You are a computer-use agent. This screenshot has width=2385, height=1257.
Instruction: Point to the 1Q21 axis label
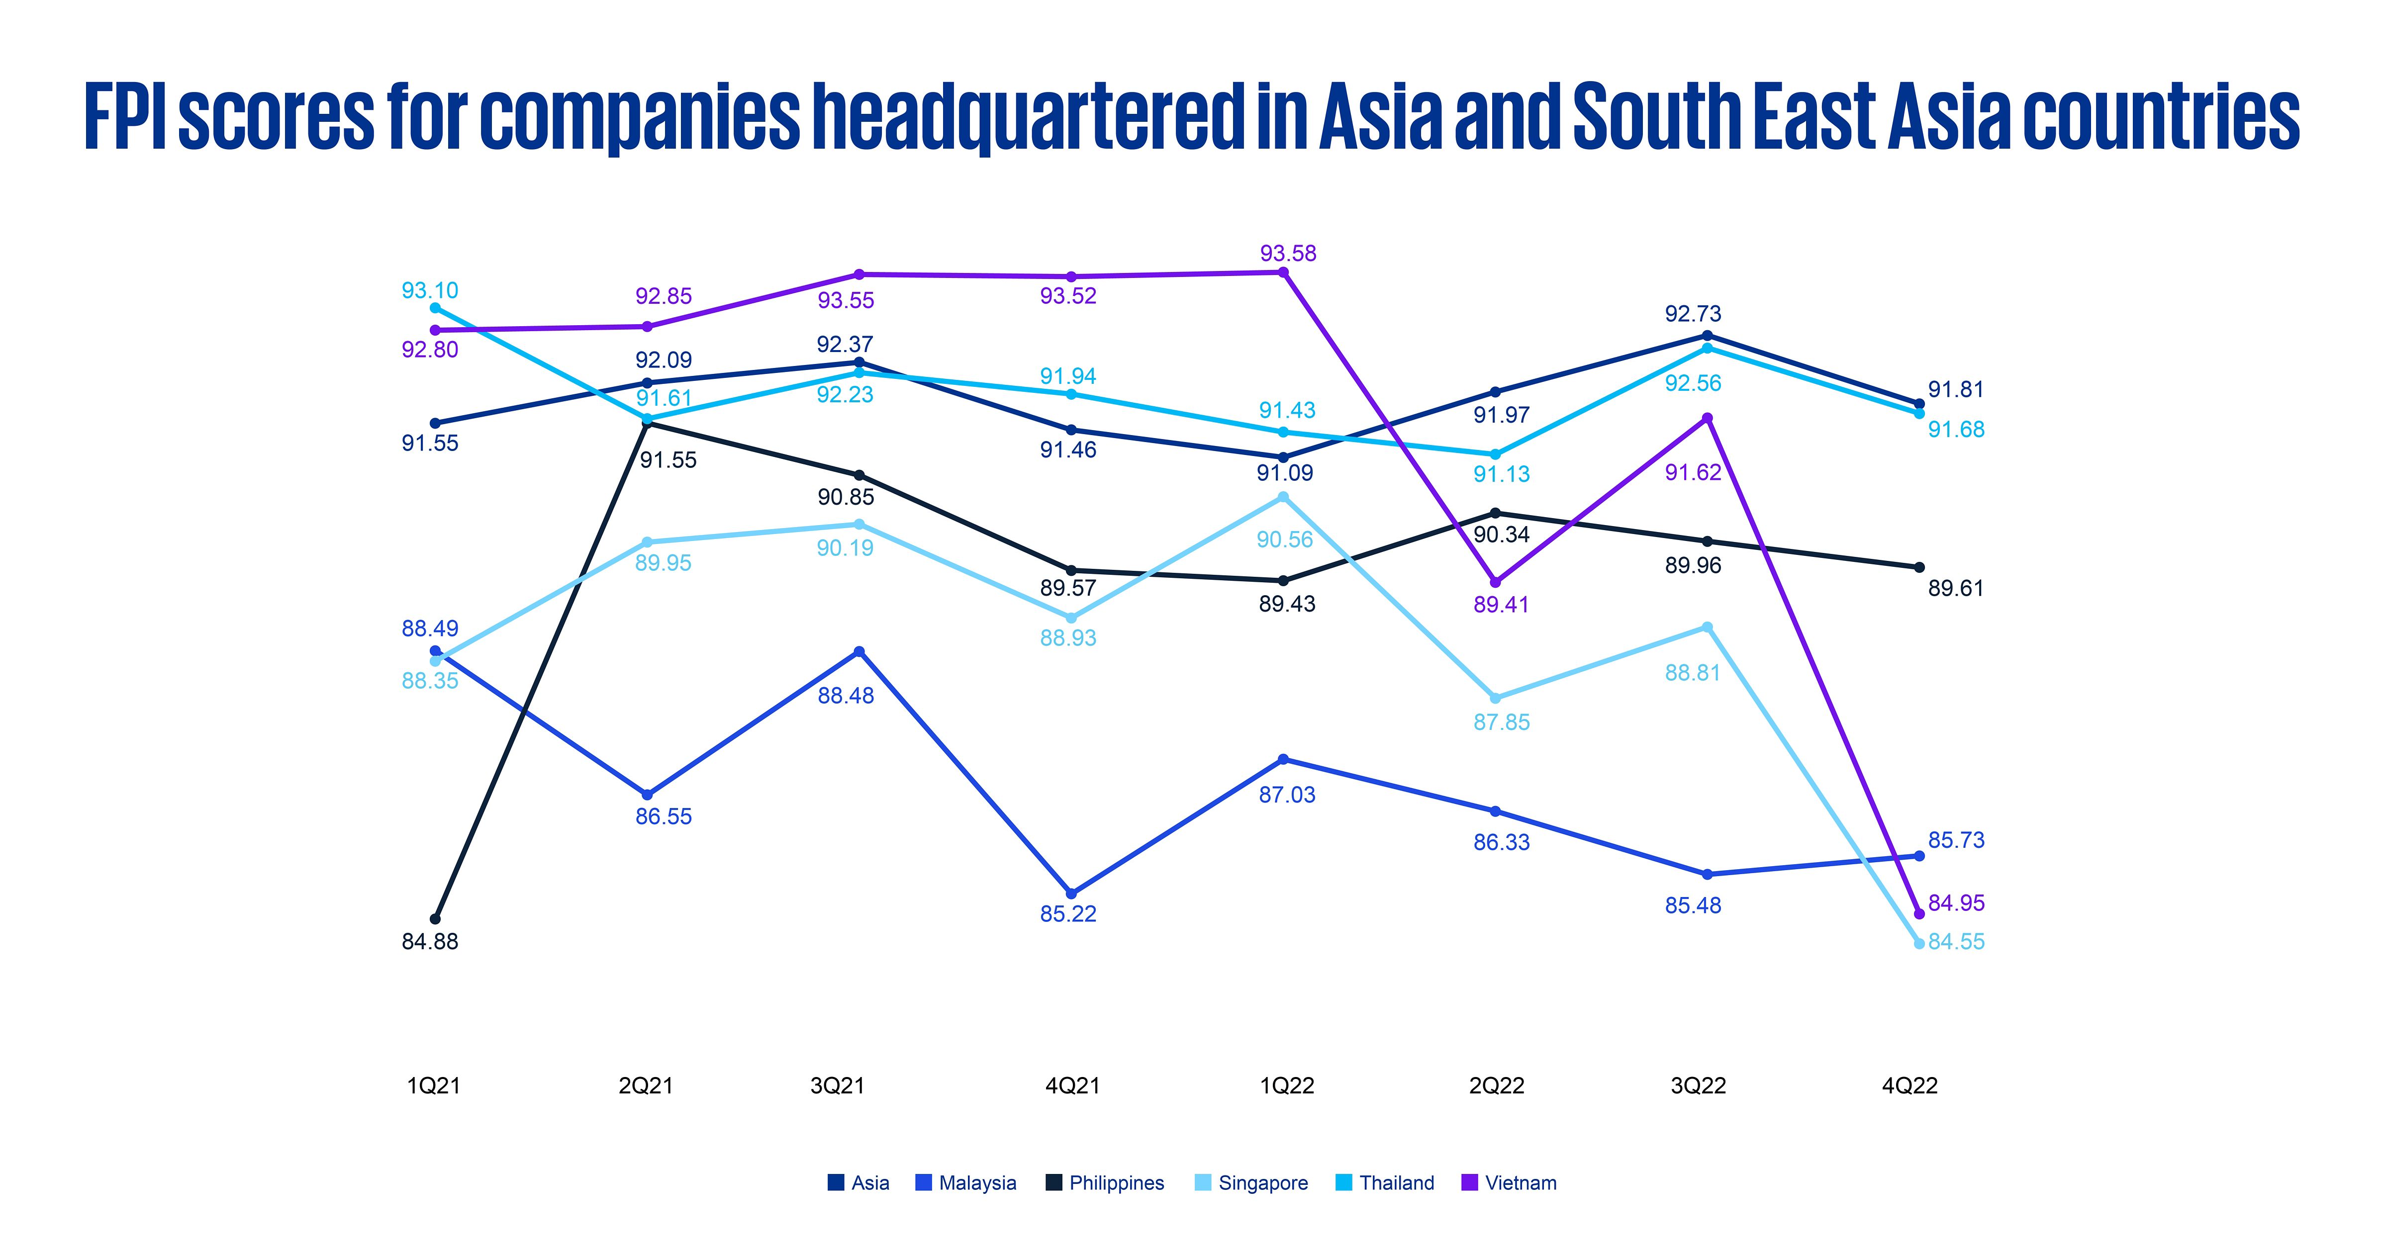pos(433,1086)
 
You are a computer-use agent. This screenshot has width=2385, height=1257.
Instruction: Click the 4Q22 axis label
pos(1909,1086)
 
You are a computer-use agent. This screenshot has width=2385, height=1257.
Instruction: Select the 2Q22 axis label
pos(1496,1086)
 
